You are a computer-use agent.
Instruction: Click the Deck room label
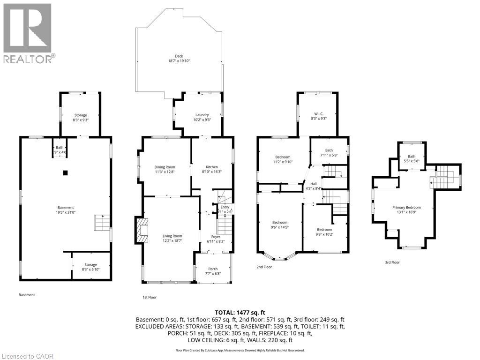(179, 56)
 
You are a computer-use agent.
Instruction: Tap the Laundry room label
(202, 115)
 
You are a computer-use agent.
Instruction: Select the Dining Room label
(165, 167)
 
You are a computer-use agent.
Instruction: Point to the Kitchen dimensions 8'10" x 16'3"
(211, 172)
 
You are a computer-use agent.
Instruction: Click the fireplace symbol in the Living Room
(141, 230)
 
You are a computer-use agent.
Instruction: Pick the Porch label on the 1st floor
(212, 269)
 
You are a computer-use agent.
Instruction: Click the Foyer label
(215, 236)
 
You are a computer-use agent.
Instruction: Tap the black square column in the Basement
(66, 172)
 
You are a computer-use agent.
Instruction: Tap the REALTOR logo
(28, 33)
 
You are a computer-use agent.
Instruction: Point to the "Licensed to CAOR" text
(28, 356)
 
